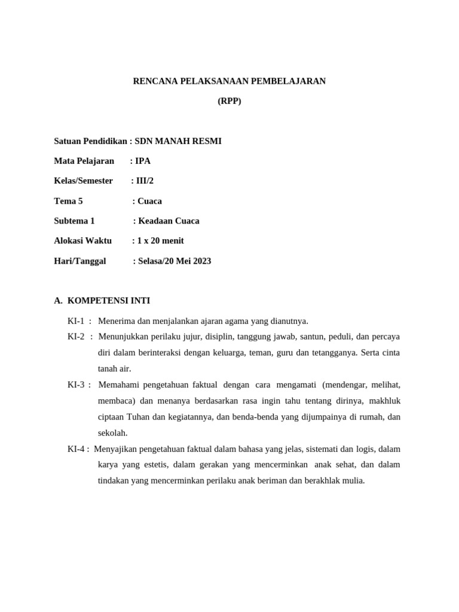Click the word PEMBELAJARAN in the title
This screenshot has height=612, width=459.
(x=292, y=81)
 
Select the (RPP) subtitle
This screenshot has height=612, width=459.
(x=229, y=101)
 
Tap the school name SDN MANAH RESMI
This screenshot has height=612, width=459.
(x=178, y=141)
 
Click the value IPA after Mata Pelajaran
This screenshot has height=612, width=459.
(x=143, y=161)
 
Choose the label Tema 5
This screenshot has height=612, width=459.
(x=68, y=201)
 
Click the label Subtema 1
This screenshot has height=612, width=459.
(x=74, y=221)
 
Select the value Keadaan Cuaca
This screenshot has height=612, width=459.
(x=169, y=221)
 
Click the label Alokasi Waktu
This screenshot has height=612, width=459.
(x=82, y=241)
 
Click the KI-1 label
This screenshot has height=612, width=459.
(x=76, y=321)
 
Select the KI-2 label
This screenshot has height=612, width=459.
(x=76, y=336)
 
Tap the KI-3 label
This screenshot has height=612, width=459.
(x=76, y=384)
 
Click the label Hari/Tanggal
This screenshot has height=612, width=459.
(x=79, y=261)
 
